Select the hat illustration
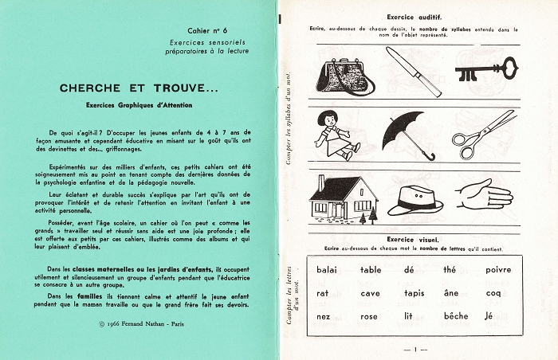point(415,198)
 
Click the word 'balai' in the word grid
point(327,270)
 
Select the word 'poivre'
point(498,270)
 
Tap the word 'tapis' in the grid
point(415,293)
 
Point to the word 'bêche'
point(457,316)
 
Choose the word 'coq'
point(494,294)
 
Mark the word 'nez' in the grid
point(322,316)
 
